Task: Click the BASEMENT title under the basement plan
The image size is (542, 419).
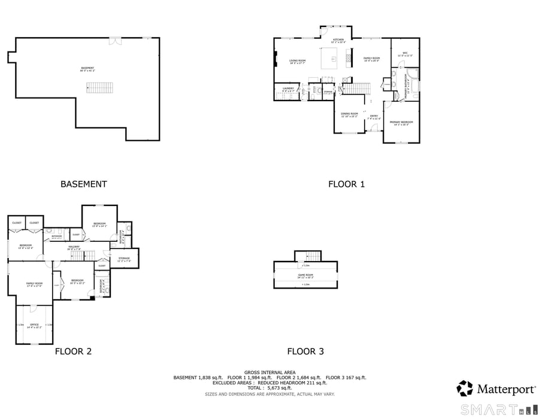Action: pos(84,184)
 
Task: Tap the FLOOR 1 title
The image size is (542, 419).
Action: pos(346,184)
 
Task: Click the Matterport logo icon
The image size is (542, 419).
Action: pos(465,388)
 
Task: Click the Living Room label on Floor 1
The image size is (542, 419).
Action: pos(298,60)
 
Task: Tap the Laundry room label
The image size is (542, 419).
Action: pos(287,89)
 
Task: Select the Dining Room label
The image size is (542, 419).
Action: pos(349,114)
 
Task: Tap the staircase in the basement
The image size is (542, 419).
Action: pos(99,88)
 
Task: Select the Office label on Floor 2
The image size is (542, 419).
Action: pos(34,325)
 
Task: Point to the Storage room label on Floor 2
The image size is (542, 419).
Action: pos(124,259)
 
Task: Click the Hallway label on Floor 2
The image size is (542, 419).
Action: pos(74,247)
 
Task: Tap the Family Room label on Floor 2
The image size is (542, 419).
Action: pos(34,283)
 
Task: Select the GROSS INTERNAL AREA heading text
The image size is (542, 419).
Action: pos(270,372)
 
